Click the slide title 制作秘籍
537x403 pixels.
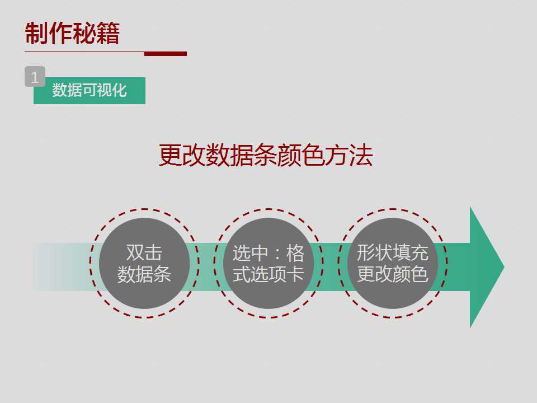point(72,33)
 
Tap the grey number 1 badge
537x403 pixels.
point(35,77)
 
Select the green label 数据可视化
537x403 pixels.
point(89,91)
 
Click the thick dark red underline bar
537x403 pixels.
point(166,54)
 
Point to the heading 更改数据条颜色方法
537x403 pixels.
point(266,155)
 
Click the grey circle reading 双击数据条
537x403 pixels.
point(144,263)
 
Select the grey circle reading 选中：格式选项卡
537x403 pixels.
point(268,263)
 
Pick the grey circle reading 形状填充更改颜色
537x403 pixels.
point(393,263)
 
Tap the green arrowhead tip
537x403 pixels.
point(504,267)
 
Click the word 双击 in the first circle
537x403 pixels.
point(144,252)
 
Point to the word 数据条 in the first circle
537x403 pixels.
point(144,274)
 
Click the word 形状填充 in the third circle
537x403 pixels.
point(393,252)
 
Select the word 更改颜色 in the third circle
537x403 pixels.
point(393,274)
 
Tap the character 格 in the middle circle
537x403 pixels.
point(295,253)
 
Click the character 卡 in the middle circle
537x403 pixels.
point(295,274)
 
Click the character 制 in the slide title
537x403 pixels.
point(37,33)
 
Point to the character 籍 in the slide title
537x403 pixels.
point(108,33)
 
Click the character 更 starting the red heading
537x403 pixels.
point(170,155)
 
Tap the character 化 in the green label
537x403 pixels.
point(119,91)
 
